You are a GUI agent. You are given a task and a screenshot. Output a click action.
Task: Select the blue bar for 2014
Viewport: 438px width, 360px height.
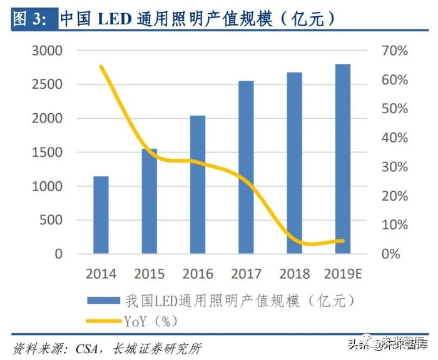(101, 215)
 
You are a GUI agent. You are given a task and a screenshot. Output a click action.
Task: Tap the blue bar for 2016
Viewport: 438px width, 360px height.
(198, 184)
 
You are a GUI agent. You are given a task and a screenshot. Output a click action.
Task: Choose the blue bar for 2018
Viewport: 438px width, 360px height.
(294, 163)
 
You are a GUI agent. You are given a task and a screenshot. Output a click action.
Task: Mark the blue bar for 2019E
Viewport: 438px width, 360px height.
(343, 159)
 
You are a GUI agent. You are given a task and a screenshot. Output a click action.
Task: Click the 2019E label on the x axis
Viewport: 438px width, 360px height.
(344, 274)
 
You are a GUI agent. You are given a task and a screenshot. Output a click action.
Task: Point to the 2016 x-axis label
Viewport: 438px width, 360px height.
(198, 274)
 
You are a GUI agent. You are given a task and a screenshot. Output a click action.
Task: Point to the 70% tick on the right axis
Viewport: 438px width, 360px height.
(395, 51)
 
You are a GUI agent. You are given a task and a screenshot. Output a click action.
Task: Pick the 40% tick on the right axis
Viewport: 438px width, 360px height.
(395, 137)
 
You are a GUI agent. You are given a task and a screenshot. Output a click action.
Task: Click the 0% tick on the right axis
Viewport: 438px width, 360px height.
(391, 254)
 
